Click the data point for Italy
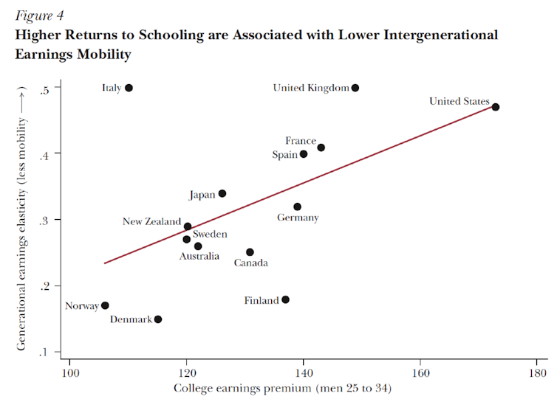[129, 88]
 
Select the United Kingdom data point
[355, 88]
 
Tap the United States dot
[496, 107]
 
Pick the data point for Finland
[286, 299]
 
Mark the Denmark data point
[158, 319]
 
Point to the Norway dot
[105, 305]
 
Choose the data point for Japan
[222, 194]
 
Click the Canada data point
[250, 252]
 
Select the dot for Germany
[297, 207]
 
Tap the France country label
[301, 141]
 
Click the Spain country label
[284, 155]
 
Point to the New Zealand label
[151, 221]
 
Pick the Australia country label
[199, 256]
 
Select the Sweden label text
[210, 234]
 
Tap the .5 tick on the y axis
[45, 89]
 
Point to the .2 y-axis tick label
[45, 286]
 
